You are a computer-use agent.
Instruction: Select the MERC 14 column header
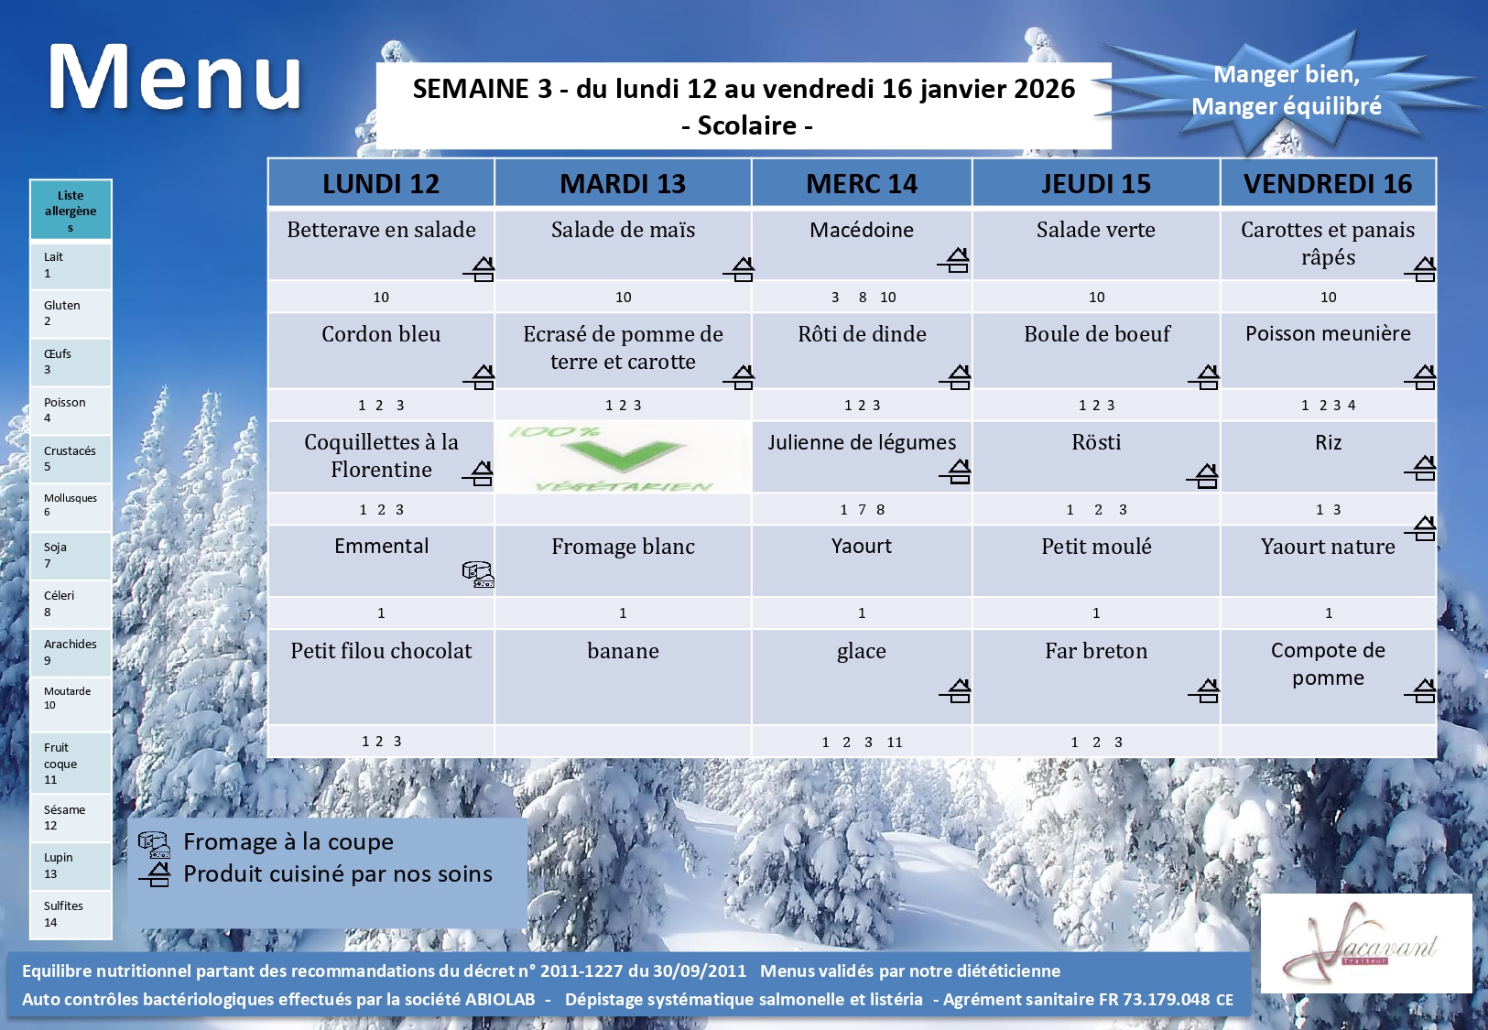click(862, 183)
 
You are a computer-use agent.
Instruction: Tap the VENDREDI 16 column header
click(1328, 183)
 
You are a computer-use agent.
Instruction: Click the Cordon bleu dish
click(381, 333)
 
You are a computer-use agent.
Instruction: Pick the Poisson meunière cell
click(1328, 333)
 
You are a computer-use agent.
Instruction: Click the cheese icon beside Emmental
click(478, 574)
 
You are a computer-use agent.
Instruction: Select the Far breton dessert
click(1096, 651)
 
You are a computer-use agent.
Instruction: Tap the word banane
click(623, 651)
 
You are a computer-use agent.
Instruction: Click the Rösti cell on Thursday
click(1096, 442)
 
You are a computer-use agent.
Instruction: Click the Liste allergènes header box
click(71, 210)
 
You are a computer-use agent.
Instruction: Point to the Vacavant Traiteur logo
click(1366, 943)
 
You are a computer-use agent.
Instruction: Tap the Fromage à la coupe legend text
click(288, 841)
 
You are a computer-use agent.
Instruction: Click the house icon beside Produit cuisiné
click(155, 874)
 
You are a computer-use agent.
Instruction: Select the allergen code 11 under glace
click(895, 742)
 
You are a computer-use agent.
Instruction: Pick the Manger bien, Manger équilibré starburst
click(1287, 91)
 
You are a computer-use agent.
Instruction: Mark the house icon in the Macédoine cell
click(954, 260)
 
